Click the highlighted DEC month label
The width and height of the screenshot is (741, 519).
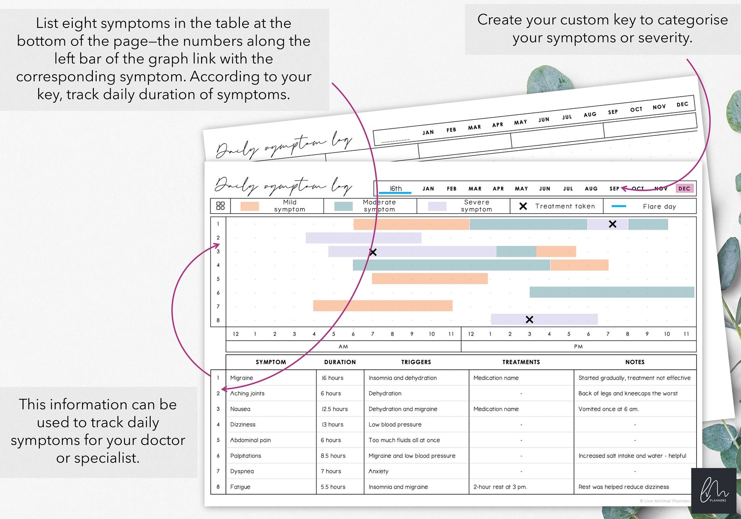(684, 189)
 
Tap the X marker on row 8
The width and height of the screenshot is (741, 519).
(529, 320)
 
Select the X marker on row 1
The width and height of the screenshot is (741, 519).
(612, 224)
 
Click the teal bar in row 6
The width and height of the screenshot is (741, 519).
(611, 292)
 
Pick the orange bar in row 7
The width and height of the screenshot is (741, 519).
(383, 306)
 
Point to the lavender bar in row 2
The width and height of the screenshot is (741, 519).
(363, 238)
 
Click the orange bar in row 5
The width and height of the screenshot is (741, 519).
(429, 279)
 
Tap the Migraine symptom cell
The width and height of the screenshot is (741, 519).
(242, 378)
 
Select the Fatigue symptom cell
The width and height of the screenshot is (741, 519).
(240, 487)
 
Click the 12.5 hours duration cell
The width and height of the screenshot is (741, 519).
(335, 409)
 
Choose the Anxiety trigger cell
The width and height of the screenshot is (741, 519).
(378, 471)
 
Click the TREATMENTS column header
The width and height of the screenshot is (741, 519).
(521, 362)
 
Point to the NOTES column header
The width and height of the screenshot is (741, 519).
(635, 362)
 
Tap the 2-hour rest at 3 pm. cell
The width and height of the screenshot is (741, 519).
(500, 487)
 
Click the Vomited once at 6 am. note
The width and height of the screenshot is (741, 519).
(608, 409)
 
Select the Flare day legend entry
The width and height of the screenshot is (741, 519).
(659, 206)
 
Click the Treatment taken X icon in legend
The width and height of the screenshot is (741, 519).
(523, 206)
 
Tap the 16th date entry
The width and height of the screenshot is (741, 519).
(396, 189)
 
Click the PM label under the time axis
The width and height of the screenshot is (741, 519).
(578, 346)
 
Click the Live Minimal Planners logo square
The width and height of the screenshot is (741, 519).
(713, 491)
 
